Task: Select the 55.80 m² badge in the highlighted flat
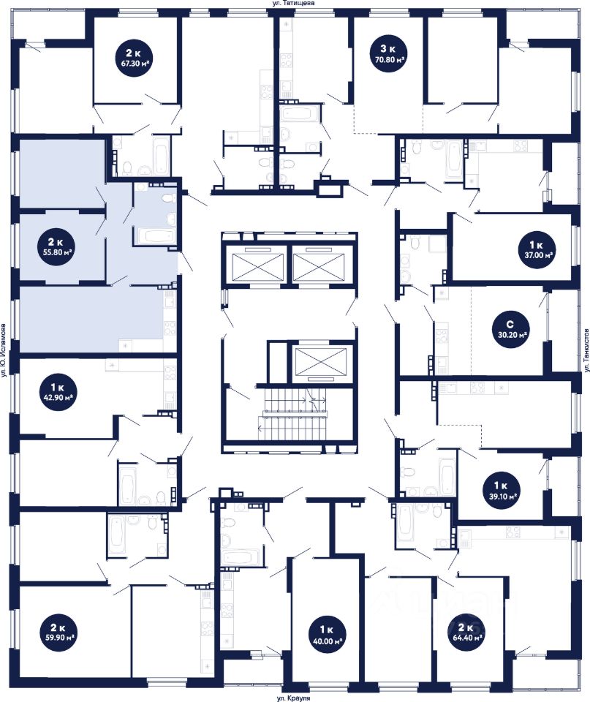point(56,246)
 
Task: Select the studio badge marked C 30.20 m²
point(510,328)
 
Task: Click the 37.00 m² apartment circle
point(537,249)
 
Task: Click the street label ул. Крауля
point(294,698)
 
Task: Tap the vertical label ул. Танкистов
point(586,350)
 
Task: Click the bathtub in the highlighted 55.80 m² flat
point(155,236)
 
